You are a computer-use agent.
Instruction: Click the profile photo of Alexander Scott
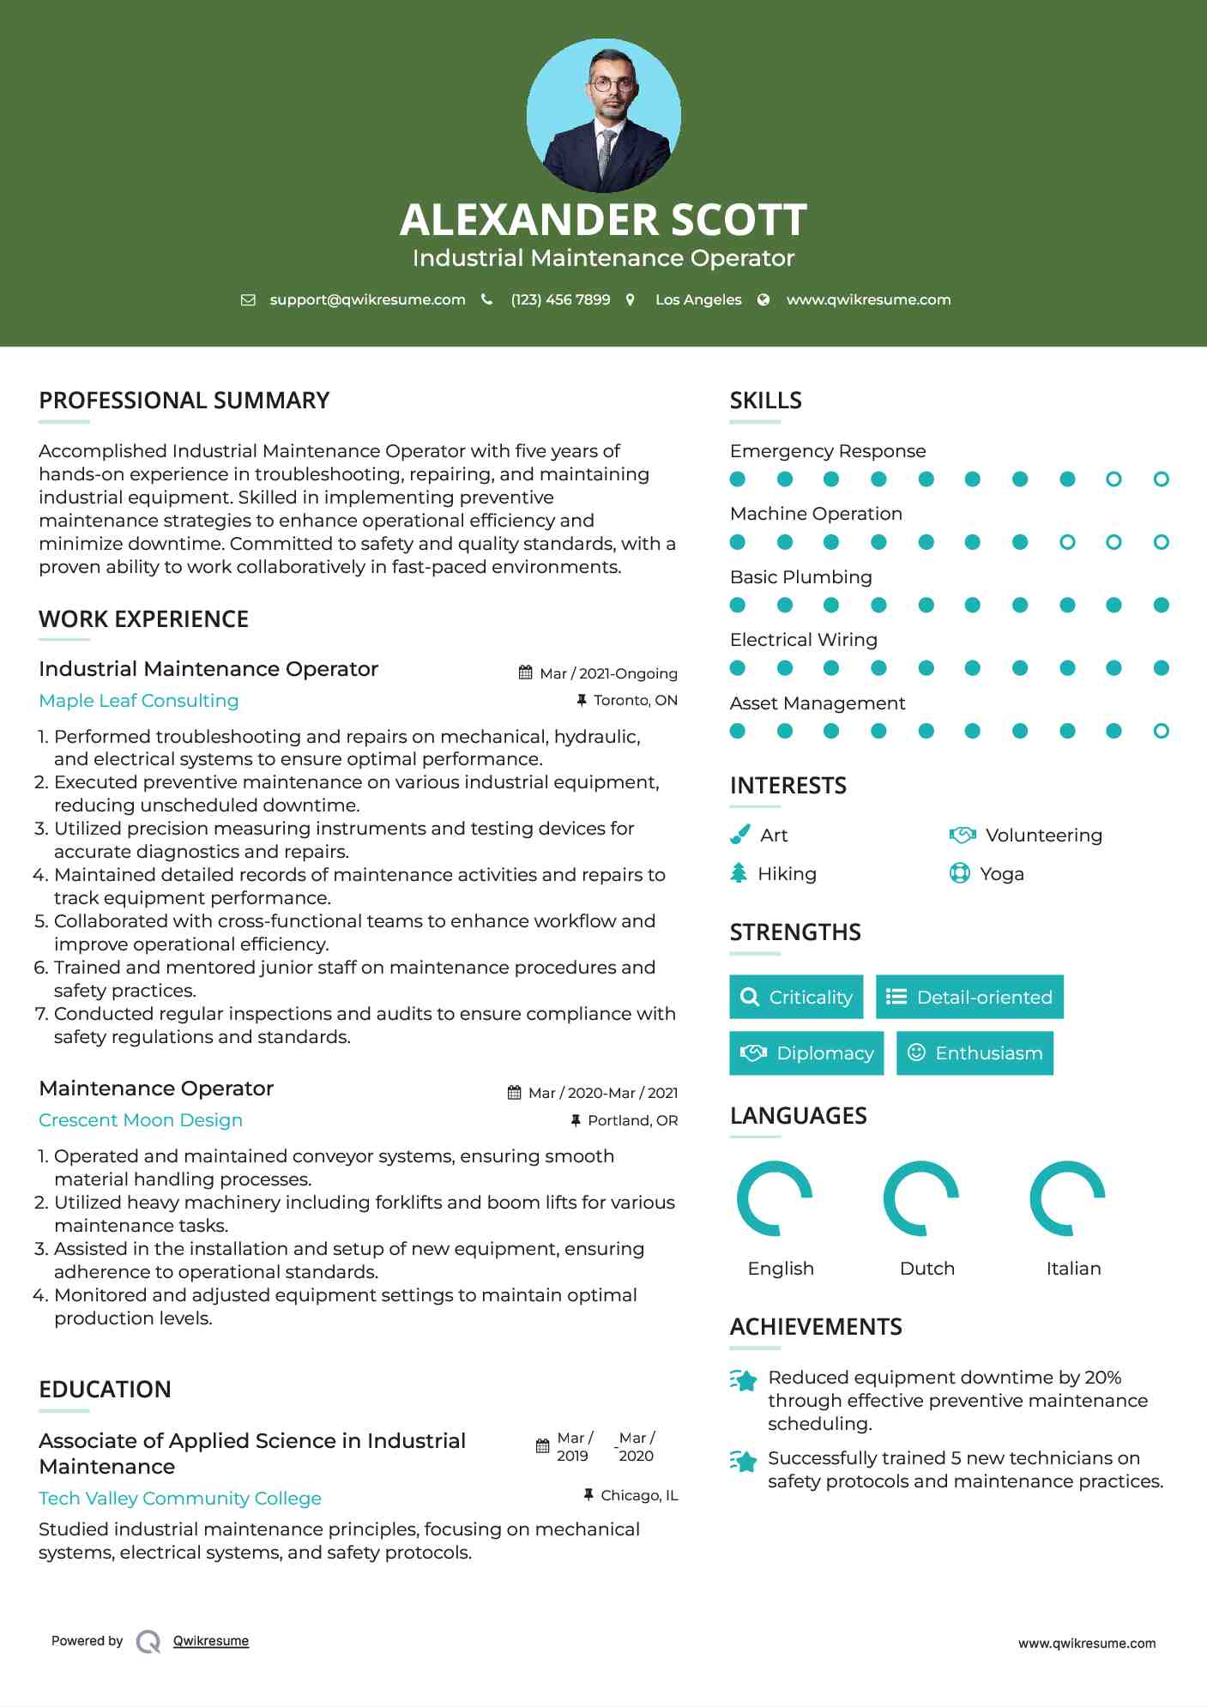pos(603,115)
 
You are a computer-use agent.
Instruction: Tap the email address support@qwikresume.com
pos(367,300)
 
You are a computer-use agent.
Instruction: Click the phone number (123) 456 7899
pos(560,300)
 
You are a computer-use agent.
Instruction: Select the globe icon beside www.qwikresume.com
pos(763,300)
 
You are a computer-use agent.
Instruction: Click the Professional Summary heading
pos(184,401)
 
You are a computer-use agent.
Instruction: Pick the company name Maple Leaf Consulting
pos(139,701)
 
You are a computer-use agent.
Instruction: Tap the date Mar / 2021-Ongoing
pos(608,673)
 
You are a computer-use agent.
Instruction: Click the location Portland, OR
pos(632,1120)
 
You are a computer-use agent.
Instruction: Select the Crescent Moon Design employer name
pos(141,1120)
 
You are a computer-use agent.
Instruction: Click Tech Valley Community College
pos(180,1499)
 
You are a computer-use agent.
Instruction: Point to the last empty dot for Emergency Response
pos(1161,480)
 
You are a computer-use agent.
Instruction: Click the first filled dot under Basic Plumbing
pos(738,606)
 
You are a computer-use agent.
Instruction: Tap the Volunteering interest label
pos(1043,835)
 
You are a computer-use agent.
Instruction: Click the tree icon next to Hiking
pos(739,873)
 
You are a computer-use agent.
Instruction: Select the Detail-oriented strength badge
pos(969,997)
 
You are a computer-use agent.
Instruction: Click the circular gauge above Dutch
pos(921,1198)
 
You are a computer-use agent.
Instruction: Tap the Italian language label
pos(1073,1269)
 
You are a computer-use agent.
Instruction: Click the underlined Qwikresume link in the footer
pos(211,1641)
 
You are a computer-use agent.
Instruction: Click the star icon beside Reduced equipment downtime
pos(744,1380)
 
